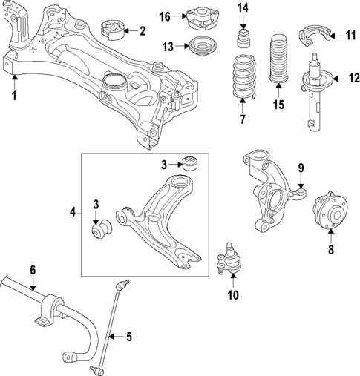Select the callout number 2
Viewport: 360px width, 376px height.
[x=143, y=30]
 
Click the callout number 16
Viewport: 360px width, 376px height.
[x=165, y=16]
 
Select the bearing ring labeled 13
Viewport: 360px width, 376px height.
[x=199, y=47]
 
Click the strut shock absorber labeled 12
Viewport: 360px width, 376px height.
[x=315, y=93]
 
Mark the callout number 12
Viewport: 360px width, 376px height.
[x=344, y=77]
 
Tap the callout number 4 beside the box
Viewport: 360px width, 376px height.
[x=73, y=212]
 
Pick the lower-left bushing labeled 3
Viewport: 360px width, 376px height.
[x=99, y=231]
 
